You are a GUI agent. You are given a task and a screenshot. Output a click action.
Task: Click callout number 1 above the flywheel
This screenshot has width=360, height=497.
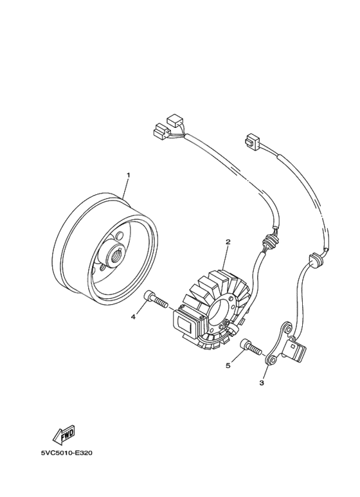pyautogui.click(x=129, y=175)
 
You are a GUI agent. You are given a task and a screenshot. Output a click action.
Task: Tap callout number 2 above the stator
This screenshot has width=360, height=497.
pyautogui.click(x=228, y=242)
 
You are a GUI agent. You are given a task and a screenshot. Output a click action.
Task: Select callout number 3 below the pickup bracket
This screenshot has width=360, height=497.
pyautogui.click(x=262, y=383)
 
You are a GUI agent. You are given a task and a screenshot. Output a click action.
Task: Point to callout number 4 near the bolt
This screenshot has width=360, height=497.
pyautogui.click(x=134, y=316)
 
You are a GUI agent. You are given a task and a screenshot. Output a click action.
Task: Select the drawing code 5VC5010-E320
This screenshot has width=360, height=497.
pyautogui.click(x=67, y=453)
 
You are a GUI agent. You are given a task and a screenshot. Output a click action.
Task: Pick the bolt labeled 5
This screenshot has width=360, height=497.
pyautogui.click(x=251, y=347)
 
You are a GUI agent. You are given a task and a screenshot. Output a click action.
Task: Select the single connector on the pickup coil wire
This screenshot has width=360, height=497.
pyautogui.click(x=251, y=140)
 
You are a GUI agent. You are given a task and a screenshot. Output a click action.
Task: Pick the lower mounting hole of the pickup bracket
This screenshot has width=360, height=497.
pyautogui.click(x=271, y=361)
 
